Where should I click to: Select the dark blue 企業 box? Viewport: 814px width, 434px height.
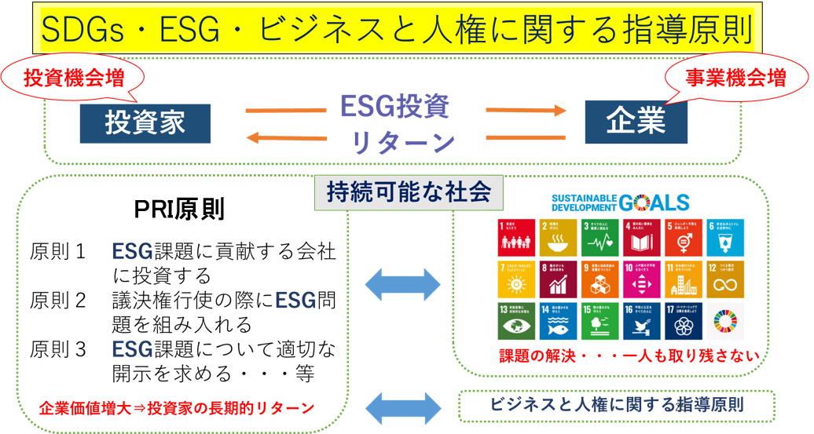click(636, 120)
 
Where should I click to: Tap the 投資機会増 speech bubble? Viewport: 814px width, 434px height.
click(73, 78)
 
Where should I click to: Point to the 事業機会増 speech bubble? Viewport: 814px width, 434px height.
click(735, 78)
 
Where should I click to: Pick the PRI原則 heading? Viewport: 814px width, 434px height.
click(179, 210)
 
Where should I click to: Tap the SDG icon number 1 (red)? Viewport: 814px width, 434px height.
click(515, 236)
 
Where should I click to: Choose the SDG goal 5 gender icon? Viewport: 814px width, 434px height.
click(680, 236)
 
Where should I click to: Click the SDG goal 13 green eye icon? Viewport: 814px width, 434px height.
click(515, 320)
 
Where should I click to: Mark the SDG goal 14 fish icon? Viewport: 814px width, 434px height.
click(556, 320)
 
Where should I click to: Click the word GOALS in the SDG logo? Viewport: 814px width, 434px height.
click(654, 202)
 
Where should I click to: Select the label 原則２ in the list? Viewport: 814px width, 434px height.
click(57, 301)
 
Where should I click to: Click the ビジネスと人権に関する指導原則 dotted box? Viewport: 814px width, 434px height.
click(616, 405)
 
